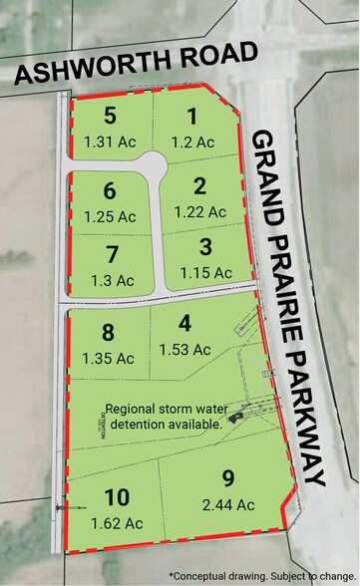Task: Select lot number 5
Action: (x=111, y=117)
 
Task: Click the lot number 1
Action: (x=191, y=117)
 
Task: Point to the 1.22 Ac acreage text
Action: (x=199, y=210)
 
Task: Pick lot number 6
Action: (x=111, y=189)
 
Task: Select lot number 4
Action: (x=183, y=324)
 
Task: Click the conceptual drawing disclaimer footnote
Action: (x=261, y=575)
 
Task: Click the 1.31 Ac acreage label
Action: (x=110, y=141)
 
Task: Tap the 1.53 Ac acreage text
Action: (x=183, y=349)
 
